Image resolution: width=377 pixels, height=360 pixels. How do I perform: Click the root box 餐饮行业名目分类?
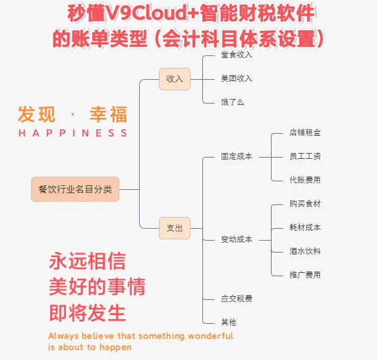point(75,189)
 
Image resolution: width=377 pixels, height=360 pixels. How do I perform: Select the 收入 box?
point(175,79)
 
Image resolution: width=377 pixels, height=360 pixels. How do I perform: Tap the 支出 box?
point(175,228)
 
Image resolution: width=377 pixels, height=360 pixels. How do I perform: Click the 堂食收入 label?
point(237,55)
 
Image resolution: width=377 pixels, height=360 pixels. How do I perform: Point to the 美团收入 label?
point(237,78)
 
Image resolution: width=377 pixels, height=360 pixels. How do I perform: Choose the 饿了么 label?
point(233,102)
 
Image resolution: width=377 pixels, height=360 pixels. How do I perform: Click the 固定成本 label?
point(237,156)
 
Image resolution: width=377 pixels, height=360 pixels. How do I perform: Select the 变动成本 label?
point(237,239)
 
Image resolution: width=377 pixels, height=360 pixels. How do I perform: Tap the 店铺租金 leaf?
point(305,133)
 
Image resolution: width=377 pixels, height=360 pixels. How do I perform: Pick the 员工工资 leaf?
point(305,156)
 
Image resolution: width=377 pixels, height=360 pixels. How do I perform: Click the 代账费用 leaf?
point(305,180)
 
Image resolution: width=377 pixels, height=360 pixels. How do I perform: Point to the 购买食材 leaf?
point(305,204)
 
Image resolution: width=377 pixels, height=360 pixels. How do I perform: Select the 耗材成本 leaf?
point(305,227)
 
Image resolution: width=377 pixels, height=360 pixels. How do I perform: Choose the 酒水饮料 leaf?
point(305,251)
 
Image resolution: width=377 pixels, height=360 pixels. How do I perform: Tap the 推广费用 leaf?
point(305,275)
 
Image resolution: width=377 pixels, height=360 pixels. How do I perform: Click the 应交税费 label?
point(237,299)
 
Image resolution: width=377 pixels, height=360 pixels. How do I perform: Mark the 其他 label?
point(229,322)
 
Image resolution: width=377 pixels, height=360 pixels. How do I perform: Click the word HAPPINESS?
point(73,133)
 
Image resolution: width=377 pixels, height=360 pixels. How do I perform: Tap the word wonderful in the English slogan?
point(211,336)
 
